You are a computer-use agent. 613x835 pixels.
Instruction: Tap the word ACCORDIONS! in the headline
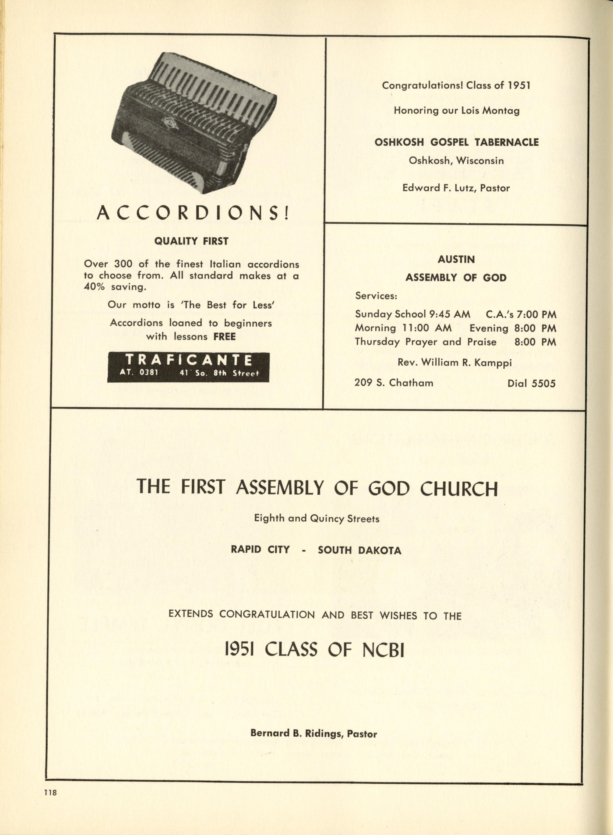(x=193, y=213)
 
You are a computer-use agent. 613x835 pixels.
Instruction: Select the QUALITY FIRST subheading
(x=191, y=241)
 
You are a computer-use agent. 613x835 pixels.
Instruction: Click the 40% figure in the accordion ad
(x=94, y=287)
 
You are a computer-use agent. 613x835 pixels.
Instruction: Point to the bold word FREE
(x=224, y=337)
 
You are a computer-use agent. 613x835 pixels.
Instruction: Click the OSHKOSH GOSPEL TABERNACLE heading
(x=456, y=142)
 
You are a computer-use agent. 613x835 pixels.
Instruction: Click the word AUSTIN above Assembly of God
(x=456, y=259)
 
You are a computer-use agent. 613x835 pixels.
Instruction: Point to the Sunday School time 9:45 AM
(x=449, y=314)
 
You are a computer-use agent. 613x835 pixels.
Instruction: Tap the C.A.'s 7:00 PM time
(x=521, y=314)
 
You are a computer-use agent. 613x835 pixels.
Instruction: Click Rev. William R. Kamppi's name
(x=455, y=362)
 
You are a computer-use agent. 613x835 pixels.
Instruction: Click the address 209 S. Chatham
(x=394, y=383)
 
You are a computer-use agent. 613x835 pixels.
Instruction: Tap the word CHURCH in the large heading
(x=458, y=489)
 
